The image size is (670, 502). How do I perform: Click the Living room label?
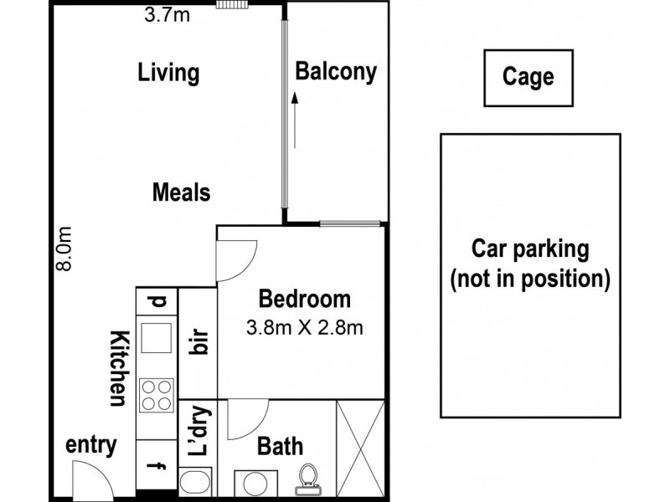[x=168, y=73]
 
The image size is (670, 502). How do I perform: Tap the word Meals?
[x=181, y=192]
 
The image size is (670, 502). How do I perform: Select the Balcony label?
[x=336, y=72]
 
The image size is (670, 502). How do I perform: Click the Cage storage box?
[x=528, y=78]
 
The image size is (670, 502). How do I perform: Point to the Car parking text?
[x=529, y=248]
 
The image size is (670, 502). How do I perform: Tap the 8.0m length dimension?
[x=66, y=249]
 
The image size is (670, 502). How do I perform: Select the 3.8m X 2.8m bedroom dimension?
[x=304, y=327]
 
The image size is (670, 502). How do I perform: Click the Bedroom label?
[x=304, y=299]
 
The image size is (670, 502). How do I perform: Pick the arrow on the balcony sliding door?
[x=295, y=116]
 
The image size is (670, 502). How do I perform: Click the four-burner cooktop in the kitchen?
[x=157, y=395]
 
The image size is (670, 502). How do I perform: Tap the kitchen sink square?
[x=157, y=339]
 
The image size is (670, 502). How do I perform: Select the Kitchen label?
[x=118, y=368]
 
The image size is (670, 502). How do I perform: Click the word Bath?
[x=279, y=446]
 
